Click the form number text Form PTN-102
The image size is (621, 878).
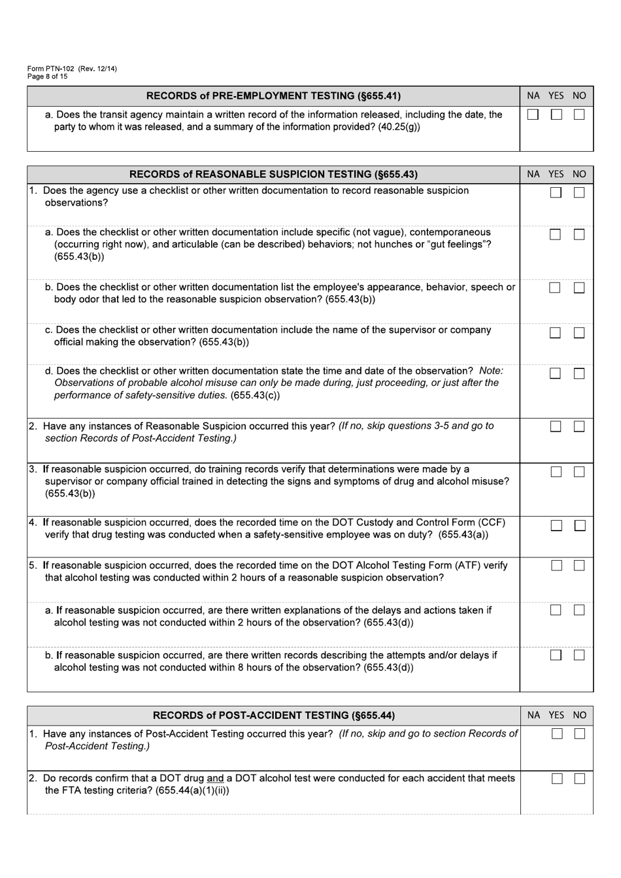coord(51,69)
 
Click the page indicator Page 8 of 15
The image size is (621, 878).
coord(47,77)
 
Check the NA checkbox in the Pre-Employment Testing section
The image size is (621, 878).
coord(533,114)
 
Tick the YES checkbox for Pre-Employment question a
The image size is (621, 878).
coord(556,114)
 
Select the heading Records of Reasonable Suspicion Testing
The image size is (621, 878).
coord(273,174)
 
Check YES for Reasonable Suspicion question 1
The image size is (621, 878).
coord(556,192)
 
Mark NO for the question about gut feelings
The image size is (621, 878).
coord(579,234)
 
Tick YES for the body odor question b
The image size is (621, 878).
coord(555,288)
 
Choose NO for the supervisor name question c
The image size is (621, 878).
coord(579,332)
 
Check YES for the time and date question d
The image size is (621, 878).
coord(555,374)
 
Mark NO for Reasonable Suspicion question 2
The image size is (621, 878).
coord(579,427)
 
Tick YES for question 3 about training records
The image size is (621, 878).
coord(556,472)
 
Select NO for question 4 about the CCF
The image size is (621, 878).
coord(580,525)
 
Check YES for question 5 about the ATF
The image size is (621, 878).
coord(556,566)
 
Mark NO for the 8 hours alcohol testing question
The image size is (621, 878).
coord(579,655)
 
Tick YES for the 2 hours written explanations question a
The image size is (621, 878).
coord(556,610)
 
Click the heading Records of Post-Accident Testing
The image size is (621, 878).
coord(273,715)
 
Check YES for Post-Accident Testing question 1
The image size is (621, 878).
coord(557,733)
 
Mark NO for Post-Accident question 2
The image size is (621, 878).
coord(580,779)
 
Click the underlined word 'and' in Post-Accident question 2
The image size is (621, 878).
coord(215,779)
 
